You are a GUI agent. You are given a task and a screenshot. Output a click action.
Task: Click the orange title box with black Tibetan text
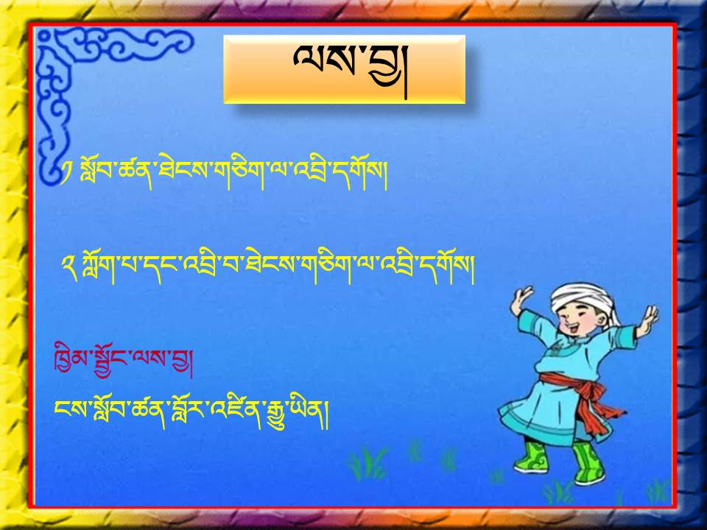pos(344,69)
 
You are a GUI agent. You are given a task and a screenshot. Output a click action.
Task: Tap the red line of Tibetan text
pos(123,360)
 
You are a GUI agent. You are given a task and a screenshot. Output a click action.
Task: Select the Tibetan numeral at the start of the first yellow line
pos(66,174)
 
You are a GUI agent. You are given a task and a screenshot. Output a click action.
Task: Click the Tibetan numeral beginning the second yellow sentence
pos(69,267)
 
